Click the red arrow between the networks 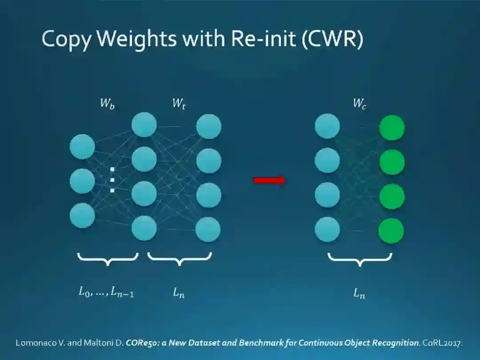click(x=269, y=180)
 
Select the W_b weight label click(x=107, y=104)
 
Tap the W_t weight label click(x=179, y=104)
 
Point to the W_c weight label click(x=360, y=104)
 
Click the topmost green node click(x=392, y=128)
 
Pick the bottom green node click(x=391, y=231)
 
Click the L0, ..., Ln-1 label click(x=106, y=292)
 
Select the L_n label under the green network click(x=359, y=293)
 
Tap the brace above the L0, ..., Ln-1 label click(x=108, y=259)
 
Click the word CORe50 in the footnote click(x=139, y=343)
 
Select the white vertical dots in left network click(x=112, y=180)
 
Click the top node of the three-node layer click(x=82, y=147)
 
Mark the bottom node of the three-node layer click(x=82, y=215)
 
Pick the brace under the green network click(x=360, y=259)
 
